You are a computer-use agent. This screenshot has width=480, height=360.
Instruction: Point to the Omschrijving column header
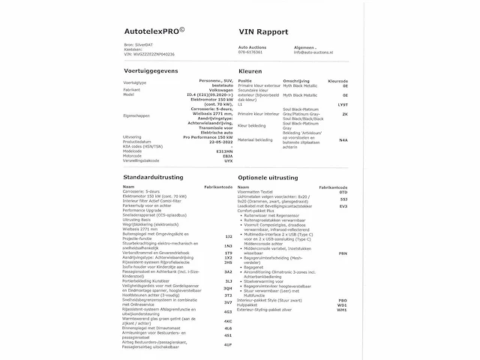click(295, 82)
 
